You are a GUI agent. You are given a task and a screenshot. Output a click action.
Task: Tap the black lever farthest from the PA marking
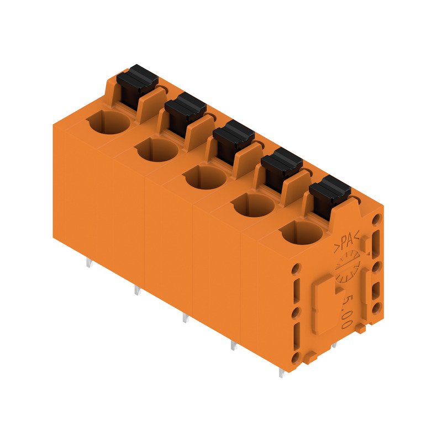pos(136,83)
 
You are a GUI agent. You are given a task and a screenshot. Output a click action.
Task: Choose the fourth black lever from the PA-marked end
pos(185,110)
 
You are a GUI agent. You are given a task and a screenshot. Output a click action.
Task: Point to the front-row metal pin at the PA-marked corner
pos(282,373)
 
